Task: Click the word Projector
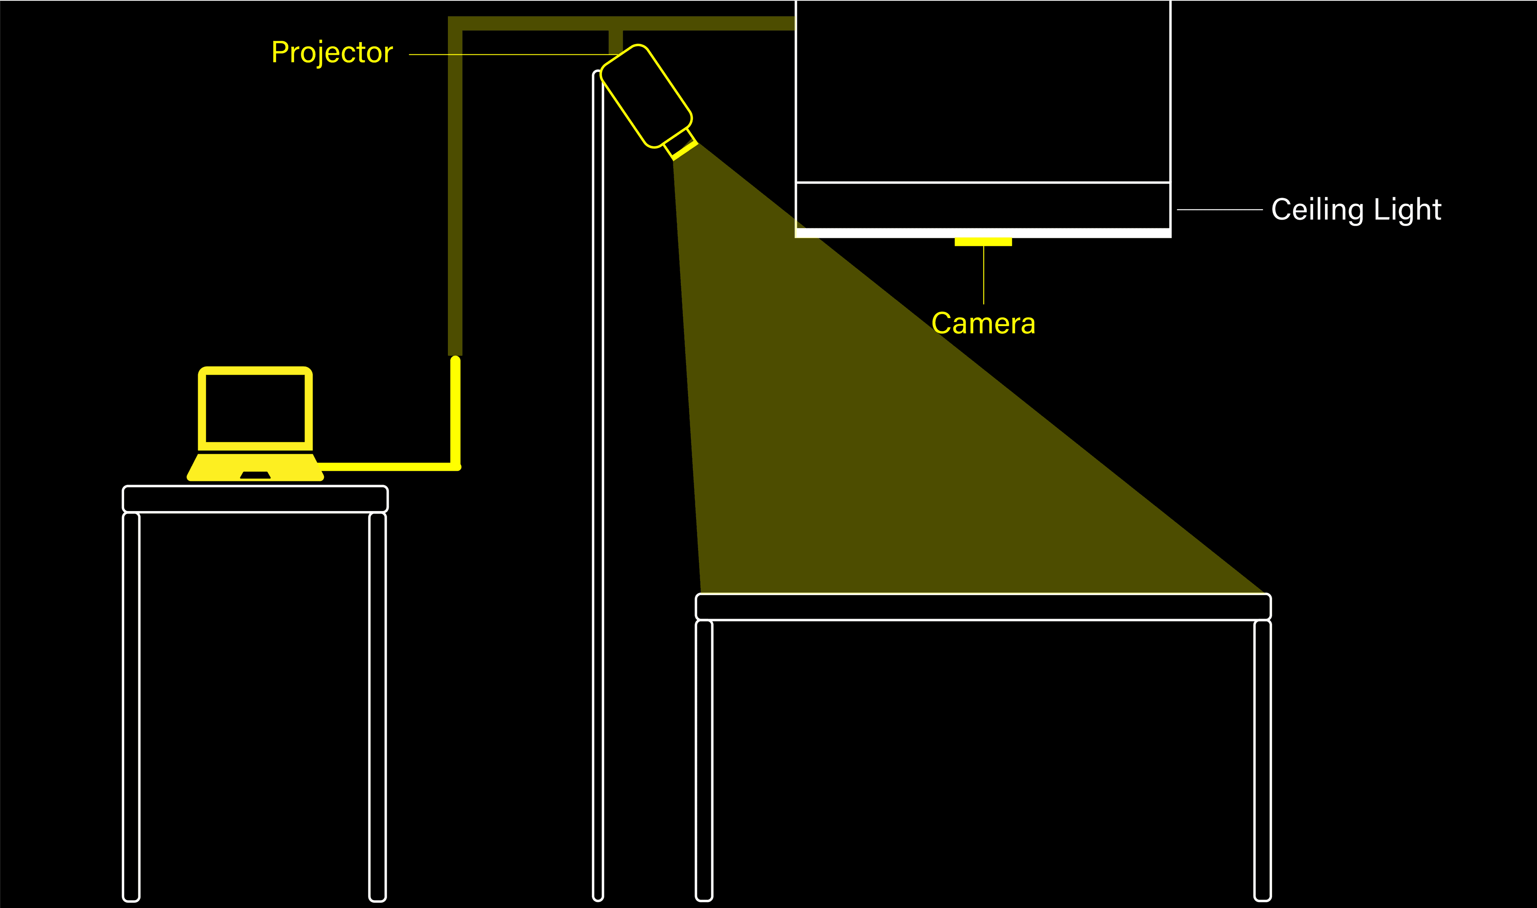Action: [x=332, y=52]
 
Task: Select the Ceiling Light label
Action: [x=1356, y=210]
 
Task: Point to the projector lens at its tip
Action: [x=685, y=150]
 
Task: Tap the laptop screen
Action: [x=255, y=408]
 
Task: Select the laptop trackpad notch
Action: [x=255, y=475]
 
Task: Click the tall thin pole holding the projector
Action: [x=598, y=489]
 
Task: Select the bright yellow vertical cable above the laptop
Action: [x=455, y=410]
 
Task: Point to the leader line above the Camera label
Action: [x=983, y=275]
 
